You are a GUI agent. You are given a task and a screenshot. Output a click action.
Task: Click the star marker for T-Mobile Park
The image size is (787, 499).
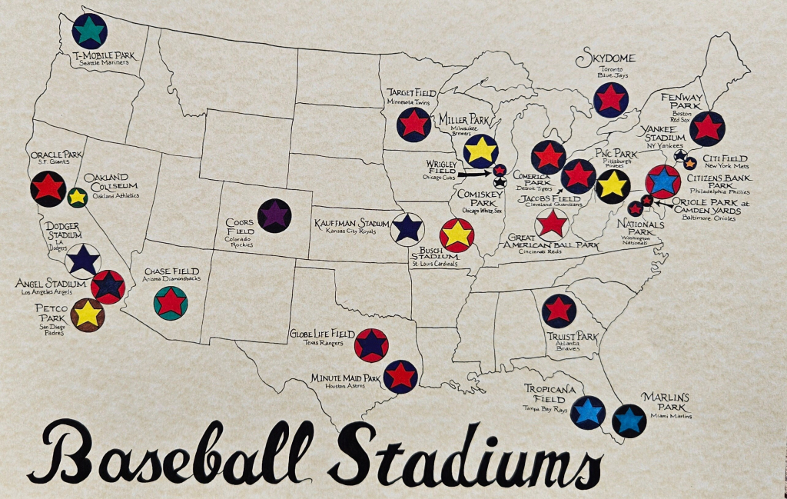[90, 31]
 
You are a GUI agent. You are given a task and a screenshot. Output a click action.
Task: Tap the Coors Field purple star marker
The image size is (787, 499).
[274, 215]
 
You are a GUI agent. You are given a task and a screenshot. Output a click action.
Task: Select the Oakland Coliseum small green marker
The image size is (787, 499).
[77, 197]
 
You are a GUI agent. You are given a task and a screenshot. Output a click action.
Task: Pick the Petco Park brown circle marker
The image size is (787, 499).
[88, 314]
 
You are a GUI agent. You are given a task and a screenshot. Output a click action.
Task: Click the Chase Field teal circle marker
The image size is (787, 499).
[171, 302]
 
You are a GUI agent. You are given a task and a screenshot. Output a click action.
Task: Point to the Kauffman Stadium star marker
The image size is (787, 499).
[407, 228]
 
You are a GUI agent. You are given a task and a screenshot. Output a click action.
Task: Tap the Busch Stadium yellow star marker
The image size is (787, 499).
[457, 235]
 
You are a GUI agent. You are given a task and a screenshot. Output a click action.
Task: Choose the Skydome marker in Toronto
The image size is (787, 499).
[610, 100]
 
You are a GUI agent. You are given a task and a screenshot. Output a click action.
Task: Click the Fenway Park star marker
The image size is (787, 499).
[707, 128]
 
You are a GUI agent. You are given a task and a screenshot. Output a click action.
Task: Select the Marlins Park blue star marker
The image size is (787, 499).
[629, 421]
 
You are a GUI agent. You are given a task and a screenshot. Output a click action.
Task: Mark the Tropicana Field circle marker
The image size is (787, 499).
[588, 412]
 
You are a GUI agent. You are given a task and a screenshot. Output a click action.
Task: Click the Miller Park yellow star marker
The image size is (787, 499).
[480, 151]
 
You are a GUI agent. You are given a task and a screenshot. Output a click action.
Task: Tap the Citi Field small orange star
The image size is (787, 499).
[690, 162]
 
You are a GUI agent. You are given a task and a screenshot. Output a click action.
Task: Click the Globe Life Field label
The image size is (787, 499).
[321, 334]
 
